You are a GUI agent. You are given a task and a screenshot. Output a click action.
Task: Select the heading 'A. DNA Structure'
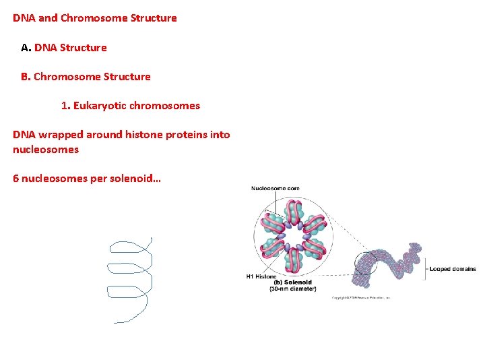click(x=64, y=47)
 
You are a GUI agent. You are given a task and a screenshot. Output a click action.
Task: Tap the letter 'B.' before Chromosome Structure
click(x=26, y=76)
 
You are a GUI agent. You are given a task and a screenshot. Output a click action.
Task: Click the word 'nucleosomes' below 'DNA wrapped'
click(x=46, y=149)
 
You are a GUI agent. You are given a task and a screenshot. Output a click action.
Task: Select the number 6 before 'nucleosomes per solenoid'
click(x=16, y=179)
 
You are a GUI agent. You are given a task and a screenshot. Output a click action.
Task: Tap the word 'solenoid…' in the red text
click(x=139, y=179)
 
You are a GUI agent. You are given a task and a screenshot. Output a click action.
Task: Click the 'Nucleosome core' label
click(x=276, y=188)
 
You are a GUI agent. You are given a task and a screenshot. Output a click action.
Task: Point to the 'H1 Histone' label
click(x=261, y=276)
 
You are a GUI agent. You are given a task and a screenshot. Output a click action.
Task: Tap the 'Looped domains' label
click(x=453, y=269)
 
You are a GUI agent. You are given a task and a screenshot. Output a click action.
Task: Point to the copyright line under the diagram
click(x=360, y=297)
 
